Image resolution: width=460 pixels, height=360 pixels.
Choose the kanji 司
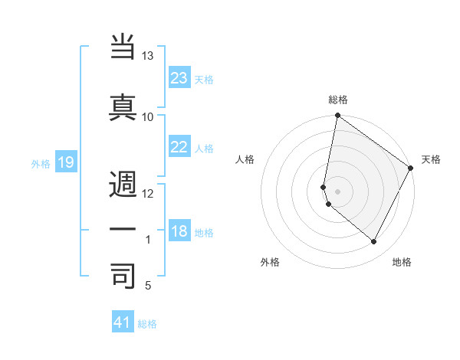tap(123, 276)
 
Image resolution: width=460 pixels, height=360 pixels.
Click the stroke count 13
tap(148, 56)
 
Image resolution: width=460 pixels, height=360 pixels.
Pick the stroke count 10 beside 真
tap(148, 116)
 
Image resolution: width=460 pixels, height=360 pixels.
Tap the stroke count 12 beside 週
tap(148, 194)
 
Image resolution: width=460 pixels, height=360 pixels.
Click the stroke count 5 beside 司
tap(148, 286)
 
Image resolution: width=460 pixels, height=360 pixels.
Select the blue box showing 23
tap(179, 77)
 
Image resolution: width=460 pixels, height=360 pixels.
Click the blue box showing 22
tap(179, 147)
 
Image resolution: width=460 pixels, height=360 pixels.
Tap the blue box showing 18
tap(179, 231)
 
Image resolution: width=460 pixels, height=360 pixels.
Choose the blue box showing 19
tap(65, 162)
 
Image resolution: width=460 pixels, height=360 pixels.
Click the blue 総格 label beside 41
tap(147, 324)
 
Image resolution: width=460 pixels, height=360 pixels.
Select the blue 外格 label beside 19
tap(41, 163)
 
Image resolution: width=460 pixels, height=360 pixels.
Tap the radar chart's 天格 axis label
tap(431, 159)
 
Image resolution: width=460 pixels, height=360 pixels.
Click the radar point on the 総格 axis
tap(337, 116)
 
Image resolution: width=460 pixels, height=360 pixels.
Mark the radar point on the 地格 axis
tap(374, 242)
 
